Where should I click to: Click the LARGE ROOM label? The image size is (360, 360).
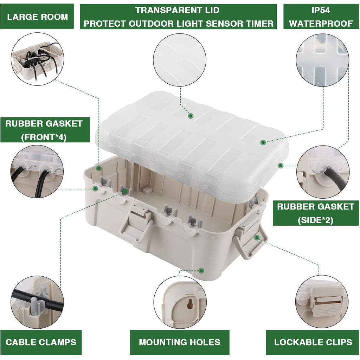tap(37, 17)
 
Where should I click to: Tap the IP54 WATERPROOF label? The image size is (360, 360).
tap(321, 17)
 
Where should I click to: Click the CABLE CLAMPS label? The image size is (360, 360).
tap(41, 342)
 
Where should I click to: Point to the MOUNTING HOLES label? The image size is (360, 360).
tap(179, 342)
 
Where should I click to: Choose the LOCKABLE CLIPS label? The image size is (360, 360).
tap(313, 342)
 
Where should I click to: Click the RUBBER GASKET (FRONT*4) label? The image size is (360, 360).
tap(44, 130)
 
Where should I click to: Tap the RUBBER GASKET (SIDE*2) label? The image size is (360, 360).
tap(315, 213)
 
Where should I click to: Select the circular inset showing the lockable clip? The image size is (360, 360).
tap(322, 302)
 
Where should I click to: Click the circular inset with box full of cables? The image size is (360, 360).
tap(37, 59)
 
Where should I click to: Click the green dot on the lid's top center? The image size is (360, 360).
tap(191, 116)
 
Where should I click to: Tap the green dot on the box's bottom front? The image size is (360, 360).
tap(201, 271)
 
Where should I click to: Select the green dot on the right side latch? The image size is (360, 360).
tap(257, 238)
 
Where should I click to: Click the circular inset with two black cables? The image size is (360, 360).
tap(37, 171)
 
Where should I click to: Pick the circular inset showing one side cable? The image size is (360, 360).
tap(323, 172)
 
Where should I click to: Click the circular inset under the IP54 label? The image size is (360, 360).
tap(322, 60)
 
